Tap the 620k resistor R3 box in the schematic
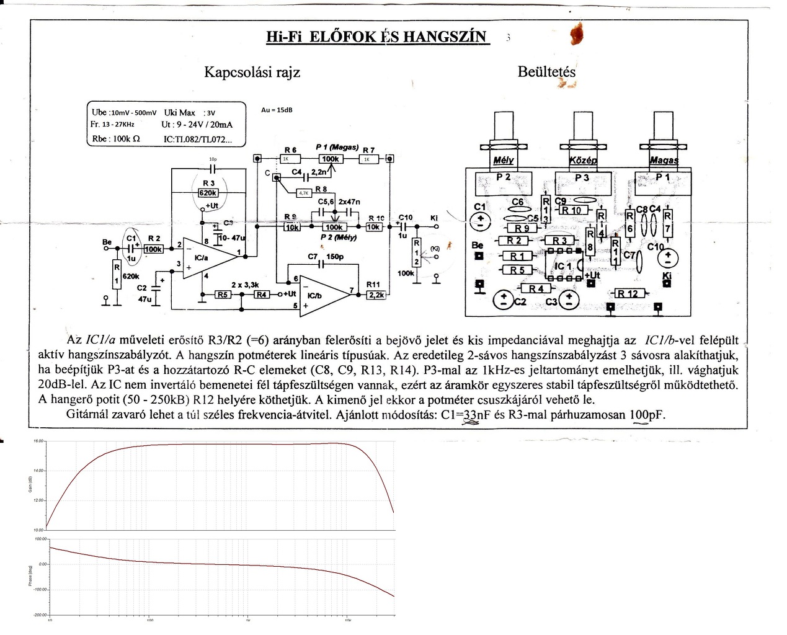207,192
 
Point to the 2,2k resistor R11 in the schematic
376,295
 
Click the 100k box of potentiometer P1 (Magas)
331,159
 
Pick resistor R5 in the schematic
223,294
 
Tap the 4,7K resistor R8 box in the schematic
304,193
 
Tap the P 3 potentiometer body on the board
581,184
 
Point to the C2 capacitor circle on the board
503,301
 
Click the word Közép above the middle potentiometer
582,161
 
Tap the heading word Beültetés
546,72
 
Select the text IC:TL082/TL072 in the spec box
198,140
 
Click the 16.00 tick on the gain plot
39,441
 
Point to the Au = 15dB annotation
277,110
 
